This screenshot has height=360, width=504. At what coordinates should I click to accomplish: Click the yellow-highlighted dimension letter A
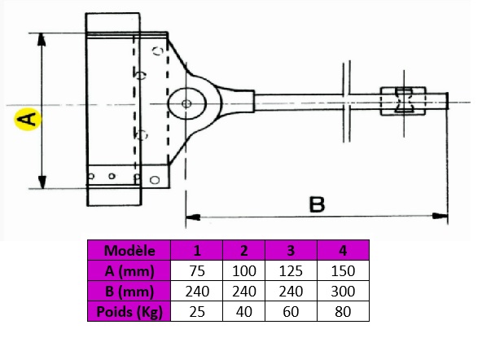tap(26, 121)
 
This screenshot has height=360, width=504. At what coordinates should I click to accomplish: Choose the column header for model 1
tap(198, 251)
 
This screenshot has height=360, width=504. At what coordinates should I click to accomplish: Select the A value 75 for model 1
tap(198, 271)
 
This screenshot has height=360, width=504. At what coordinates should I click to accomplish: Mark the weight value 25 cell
tap(198, 310)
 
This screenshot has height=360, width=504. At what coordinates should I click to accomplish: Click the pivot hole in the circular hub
tap(188, 103)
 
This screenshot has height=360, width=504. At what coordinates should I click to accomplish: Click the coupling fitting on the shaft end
tap(404, 103)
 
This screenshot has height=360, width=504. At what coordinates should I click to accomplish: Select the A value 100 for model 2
tap(243, 271)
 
